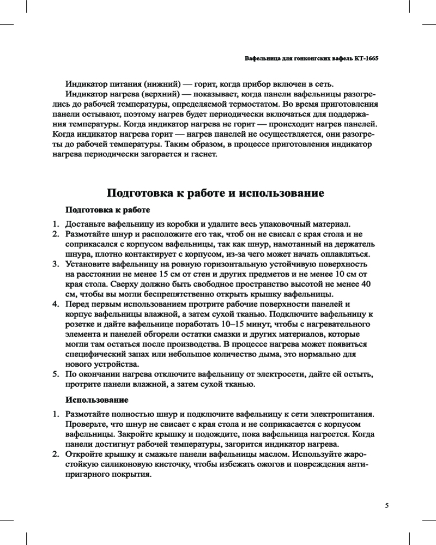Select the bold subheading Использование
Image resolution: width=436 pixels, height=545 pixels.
[97, 400]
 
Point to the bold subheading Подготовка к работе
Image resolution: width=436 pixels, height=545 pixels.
[107, 209]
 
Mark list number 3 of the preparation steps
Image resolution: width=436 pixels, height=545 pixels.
[56, 264]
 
